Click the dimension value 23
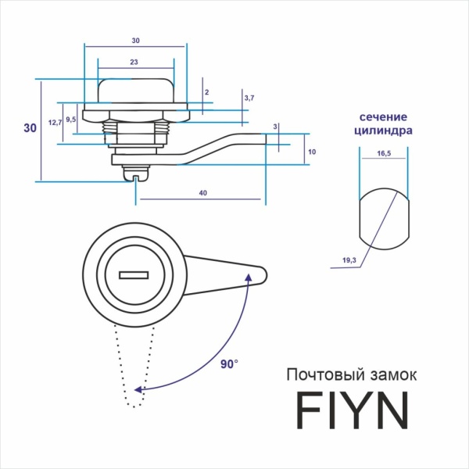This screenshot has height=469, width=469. coord(135,62)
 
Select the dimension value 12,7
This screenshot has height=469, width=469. coord(55,124)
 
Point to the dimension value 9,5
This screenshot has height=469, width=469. coord(70,120)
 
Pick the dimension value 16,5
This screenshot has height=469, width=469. coord(383,155)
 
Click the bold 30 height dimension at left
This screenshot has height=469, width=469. coord(30,128)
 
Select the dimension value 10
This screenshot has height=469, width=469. coord(311,152)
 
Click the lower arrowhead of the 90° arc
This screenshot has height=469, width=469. coord(138,388)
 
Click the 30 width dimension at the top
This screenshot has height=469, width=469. coord(135,41)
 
